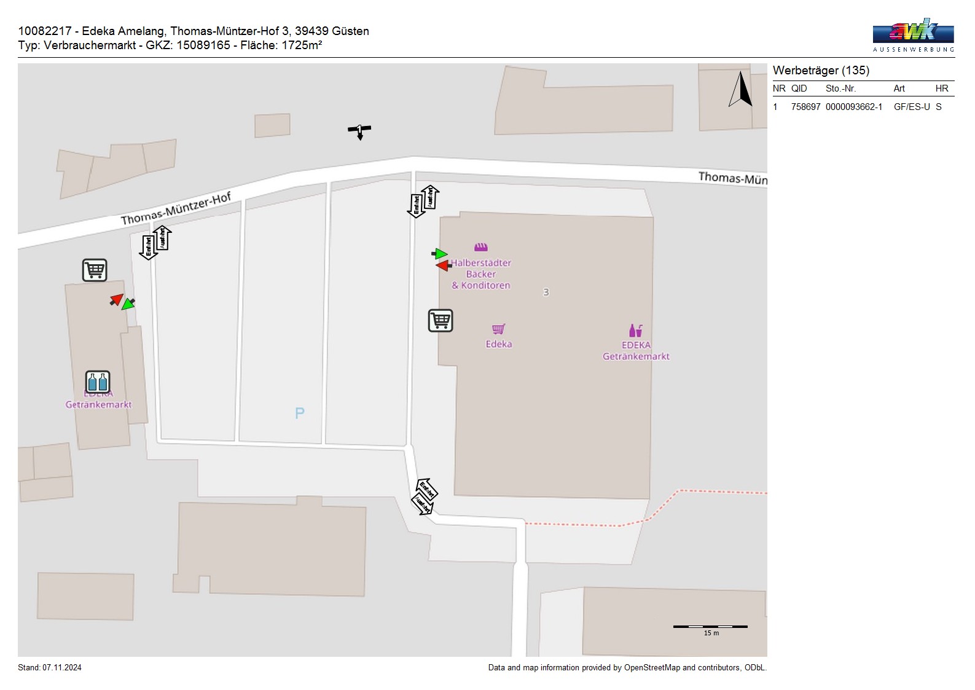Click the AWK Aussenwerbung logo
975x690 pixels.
[913, 35]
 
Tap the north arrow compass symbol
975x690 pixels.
[741, 90]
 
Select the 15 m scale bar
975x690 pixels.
[710, 627]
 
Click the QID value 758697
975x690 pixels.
[805, 107]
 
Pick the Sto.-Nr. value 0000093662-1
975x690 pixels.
[853, 107]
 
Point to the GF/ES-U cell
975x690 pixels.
[912, 107]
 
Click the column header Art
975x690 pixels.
[899, 88]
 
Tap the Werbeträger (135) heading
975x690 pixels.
[821, 71]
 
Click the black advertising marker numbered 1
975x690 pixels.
[359, 130]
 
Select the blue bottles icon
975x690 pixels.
[97, 382]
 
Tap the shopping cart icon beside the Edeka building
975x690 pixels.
[440, 320]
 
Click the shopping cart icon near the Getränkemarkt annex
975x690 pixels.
[95, 270]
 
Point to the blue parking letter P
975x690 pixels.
[300, 413]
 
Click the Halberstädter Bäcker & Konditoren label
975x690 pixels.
[481, 274]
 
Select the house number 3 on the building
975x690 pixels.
[546, 292]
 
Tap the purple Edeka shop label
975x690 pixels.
[498, 344]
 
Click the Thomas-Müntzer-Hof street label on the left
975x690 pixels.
[176, 209]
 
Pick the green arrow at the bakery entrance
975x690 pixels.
[440, 254]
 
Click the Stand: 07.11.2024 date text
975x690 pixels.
[50, 667]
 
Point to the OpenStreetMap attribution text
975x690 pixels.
[627, 667]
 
